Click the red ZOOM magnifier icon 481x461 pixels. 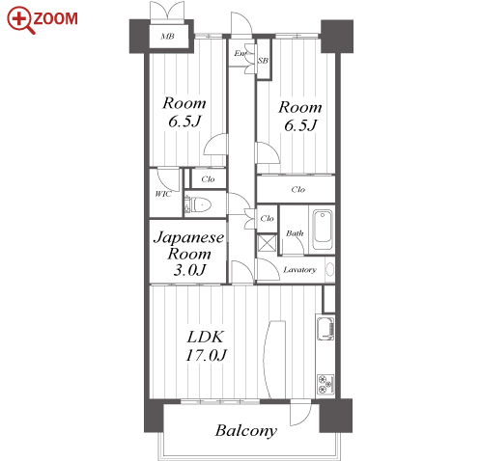pos(20,20)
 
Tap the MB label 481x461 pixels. pos(167,37)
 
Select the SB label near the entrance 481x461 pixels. pos(263,61)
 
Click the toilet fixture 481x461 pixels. pos(201,204)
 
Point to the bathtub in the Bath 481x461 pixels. pos(323,230)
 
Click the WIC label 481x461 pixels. pos(163,194)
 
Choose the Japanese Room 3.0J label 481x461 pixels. pos(189,254)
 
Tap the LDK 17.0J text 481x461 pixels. pos(206,346)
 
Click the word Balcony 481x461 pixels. pos(246,431)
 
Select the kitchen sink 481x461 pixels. pos(325,328)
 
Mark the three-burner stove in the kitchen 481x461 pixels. pos(325,385)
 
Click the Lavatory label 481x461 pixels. pos(299,270)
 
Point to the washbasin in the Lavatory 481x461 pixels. pos(330,269)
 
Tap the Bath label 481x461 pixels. pos(295,233)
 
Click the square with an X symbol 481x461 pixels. pos(268,243)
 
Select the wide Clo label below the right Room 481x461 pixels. pos(298,190)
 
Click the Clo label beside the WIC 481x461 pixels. pos(208,179)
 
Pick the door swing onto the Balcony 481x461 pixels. pos(300,413)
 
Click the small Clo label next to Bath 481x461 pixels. pos(267,219)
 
